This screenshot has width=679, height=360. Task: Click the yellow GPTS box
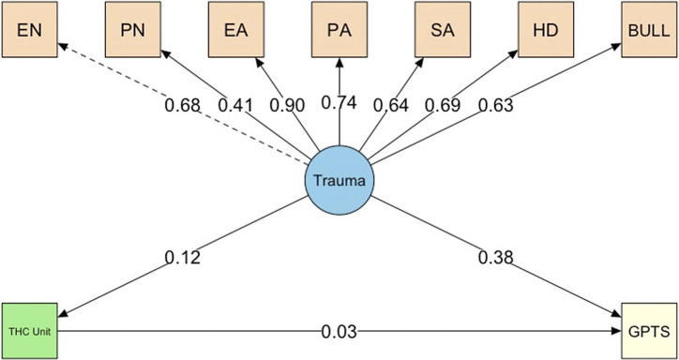tap(649, 331)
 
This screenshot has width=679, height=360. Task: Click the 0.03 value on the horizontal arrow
tap(339, 331)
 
